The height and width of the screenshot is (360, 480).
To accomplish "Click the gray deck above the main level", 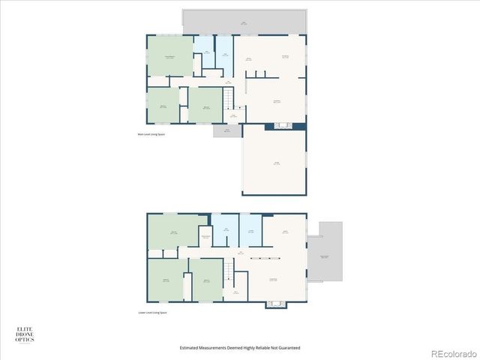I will (244, 22).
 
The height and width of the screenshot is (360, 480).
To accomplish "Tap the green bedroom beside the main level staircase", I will (203, 105).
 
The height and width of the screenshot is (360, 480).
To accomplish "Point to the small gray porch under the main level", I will (227, 130).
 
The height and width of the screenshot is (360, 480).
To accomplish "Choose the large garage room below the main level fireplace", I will (274, 163).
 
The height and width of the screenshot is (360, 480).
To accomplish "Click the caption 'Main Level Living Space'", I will (151, 134).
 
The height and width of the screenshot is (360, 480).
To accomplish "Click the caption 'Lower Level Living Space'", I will (152, 313).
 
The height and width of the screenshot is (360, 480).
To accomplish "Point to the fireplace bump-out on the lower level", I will (275, 304).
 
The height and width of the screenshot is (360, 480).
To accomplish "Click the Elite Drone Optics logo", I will (25, 334).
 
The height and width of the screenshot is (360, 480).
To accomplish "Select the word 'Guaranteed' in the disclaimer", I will (289, 348).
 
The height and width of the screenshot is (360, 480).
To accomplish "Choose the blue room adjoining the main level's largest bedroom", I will (202, 55).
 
